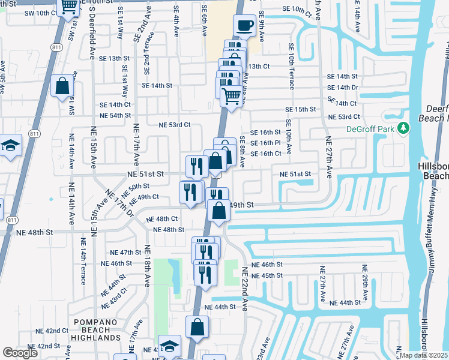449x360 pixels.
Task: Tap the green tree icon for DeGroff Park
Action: [x=404, y=128]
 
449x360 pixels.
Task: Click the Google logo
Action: [x=20, y=353]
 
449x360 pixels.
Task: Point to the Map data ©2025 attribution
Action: [x=424, y=355]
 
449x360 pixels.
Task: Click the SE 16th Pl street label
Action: [x=266, y=143]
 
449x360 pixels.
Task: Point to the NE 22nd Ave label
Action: [x=244, y=289]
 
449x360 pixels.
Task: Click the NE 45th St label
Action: [x=266, y=275]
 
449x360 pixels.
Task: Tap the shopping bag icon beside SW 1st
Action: [x=62, y=86]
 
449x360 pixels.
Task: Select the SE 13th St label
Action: [x=115, y=58]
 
